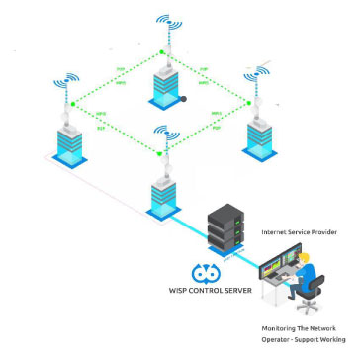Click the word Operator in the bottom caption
point(278,339)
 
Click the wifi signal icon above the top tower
point(163,23)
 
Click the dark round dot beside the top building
point(184,99)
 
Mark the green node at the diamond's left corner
point(73,103)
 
